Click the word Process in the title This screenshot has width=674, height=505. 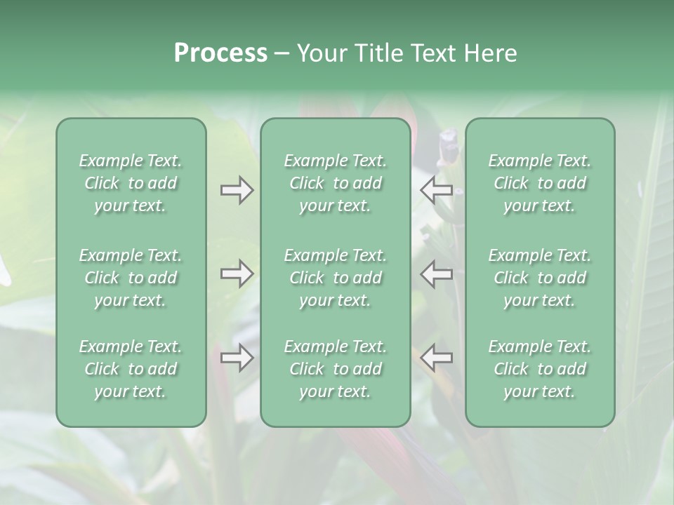(x=220, y=53)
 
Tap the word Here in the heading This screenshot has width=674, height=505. (x=490, y=53)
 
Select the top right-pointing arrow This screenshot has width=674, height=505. (x=237, y=190)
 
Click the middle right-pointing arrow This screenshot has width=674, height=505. (x=237, y=274)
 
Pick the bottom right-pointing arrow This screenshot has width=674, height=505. (x=237, y=357)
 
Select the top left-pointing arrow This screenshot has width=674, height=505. (x=437, y=190)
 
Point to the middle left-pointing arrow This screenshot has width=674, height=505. (x=437, y=274)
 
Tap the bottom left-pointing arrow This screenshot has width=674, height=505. (x=437, y=357)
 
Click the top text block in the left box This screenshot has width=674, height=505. (x=131, y=183)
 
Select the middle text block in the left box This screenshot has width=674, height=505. (x=131, y=278)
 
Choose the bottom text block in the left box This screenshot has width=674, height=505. (x=131, y=369)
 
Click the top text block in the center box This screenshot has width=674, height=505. (x=336, y=183)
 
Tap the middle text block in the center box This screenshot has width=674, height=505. (x=336, y=278)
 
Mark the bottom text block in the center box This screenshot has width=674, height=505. (x=336, y=369)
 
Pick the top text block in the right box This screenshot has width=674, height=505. (x=540, y=183)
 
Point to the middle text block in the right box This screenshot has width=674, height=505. (x=540, y=278)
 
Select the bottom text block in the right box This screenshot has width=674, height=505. (x=540, y=369)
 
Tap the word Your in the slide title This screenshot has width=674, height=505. (x=320, y=53)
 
